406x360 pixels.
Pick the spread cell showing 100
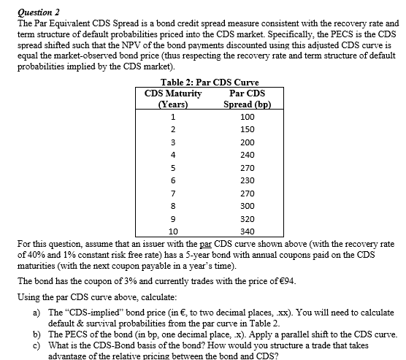246,116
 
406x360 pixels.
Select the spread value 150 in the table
246,129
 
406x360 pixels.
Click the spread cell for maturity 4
246,155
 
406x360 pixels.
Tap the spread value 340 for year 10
246,231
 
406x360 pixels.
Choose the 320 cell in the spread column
246,218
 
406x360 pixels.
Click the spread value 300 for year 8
246,206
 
